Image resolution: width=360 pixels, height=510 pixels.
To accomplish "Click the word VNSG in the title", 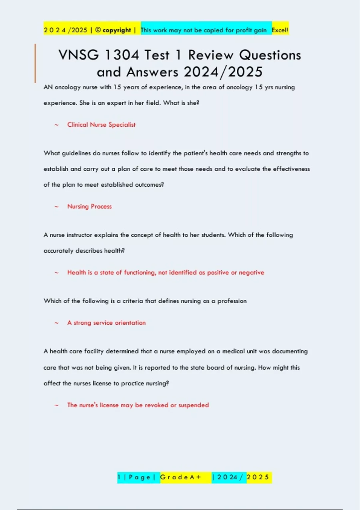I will coord(78,55).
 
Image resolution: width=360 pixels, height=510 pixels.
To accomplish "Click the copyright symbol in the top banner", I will coord(98,30).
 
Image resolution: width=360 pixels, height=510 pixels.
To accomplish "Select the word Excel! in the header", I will coord(280,30).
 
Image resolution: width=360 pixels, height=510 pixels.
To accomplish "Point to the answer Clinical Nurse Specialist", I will coord(101,125).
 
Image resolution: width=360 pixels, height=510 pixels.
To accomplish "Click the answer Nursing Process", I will coord(89,206).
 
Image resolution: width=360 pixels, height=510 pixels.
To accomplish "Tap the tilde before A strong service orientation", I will coord(56,323).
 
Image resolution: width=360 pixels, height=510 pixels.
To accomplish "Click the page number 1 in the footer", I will coord(119,477).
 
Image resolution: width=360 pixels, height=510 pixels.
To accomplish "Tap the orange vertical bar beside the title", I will coord(35,63).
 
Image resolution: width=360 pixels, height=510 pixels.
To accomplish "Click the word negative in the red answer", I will coord(251,273).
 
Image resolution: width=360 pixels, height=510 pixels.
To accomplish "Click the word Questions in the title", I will coord(270,55).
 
